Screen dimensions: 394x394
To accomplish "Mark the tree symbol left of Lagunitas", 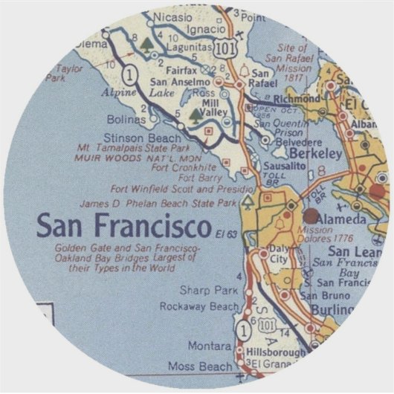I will [x=148, y=45].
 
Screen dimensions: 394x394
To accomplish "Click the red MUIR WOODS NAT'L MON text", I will [x=138, y=158].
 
